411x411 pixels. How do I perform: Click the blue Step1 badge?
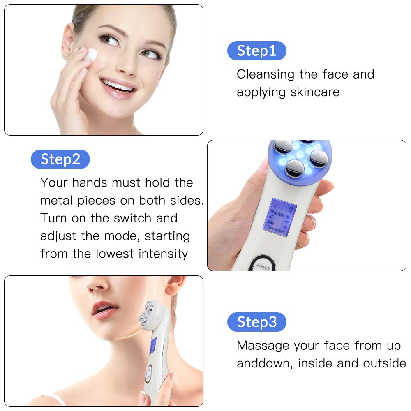256,51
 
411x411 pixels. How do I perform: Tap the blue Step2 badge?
60,159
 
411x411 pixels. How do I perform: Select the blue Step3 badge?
256,322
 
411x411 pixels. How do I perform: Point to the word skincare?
315,92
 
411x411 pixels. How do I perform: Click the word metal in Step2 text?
57,201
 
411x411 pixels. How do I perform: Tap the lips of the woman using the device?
105,309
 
